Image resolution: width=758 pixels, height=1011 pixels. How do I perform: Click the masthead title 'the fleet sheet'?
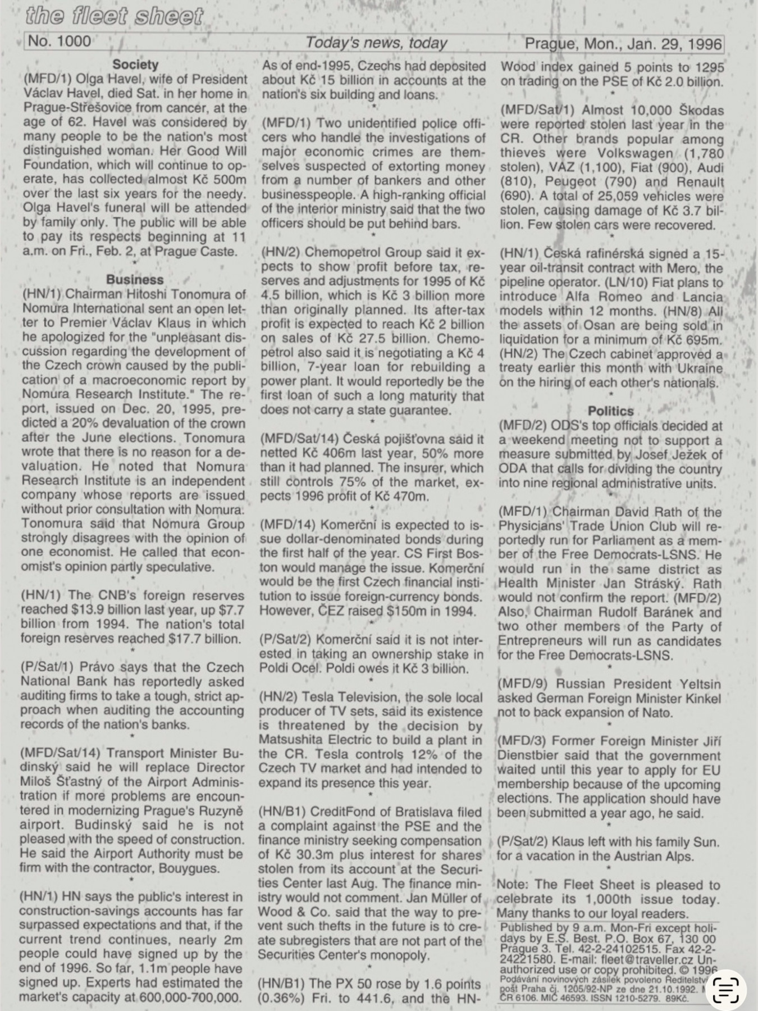click(x=114, y=16)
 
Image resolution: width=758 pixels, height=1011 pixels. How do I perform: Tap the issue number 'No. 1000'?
click(x=59, y=42)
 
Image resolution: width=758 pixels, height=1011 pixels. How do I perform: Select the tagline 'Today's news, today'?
click(x=376, y=43)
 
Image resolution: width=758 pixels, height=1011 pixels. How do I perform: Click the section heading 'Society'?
click(x=135, y=65)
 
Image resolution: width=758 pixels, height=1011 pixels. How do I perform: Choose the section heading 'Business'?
click(x=135, y=280)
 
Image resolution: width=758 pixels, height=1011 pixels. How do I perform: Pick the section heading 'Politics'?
click(x=610, y=411)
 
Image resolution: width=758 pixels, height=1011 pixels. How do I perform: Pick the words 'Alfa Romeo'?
click(x=602, y=297)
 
